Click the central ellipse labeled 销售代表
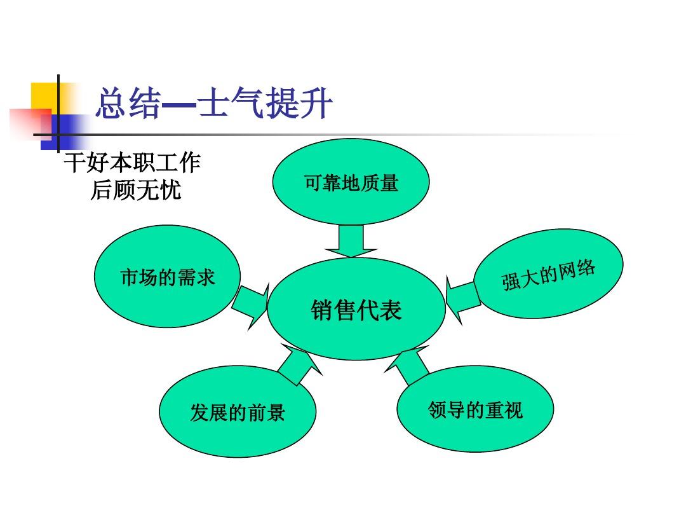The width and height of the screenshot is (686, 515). click(x=356, y=309)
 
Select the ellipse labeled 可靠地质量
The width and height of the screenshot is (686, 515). click(x=351, y=182)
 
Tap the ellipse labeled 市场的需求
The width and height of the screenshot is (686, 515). click(x=168, y=277)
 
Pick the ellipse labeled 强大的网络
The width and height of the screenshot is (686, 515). click(x=549, y=273)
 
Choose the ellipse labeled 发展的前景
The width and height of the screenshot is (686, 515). click(x=238, y=411)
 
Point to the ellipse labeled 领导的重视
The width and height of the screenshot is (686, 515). click(x=475, y=409)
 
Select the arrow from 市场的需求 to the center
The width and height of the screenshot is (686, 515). click(x=250, y=305)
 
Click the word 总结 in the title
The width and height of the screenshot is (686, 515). click(x=128, y=104)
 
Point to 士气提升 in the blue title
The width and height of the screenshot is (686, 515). click(x=266, y=104)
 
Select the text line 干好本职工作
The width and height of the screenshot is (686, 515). click(x=132, y=163)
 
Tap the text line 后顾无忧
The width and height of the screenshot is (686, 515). click(x=136, y=190)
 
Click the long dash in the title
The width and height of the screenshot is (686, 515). click(x=180, y=105)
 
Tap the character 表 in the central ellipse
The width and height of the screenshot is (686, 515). click(x=391, y=310)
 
